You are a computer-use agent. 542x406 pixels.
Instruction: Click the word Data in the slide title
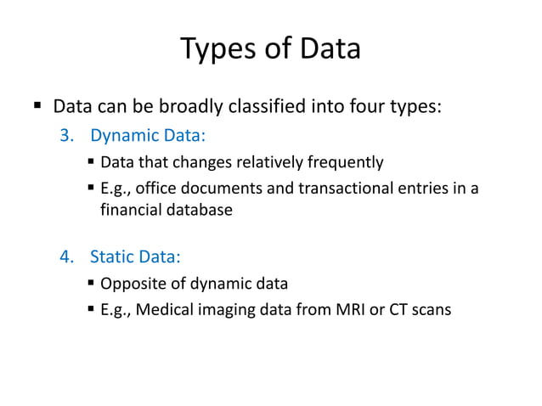point(330,48)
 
